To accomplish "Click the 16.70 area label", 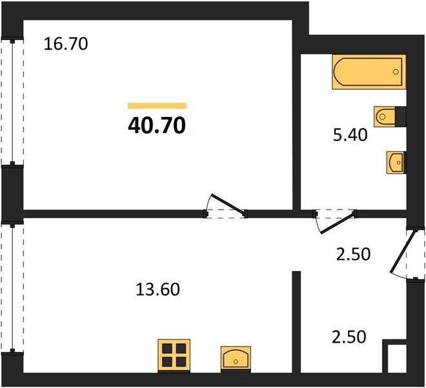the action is point(66,44).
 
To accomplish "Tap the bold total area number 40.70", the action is point(157,125).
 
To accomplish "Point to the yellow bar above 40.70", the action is point(157,105).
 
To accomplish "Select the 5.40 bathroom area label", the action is point(350,135).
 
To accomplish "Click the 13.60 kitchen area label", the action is point(157,289).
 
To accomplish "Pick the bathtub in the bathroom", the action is point(369,72).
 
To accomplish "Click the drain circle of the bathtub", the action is point(396,72).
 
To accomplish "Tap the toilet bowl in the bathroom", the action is point(385,117).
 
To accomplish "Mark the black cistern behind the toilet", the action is point(401,117).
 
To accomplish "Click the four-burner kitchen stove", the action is point(174,356).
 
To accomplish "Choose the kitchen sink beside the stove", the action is point(236,359).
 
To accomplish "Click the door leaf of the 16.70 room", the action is point(228,204).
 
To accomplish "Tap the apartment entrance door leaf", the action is point(403,252).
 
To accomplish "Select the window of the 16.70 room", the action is point(12,102).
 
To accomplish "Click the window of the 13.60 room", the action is point(12,288).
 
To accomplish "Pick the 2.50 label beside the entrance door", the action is point(353,254).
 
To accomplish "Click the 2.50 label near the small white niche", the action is point(349,337).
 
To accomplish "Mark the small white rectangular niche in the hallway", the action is point(397,359).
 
